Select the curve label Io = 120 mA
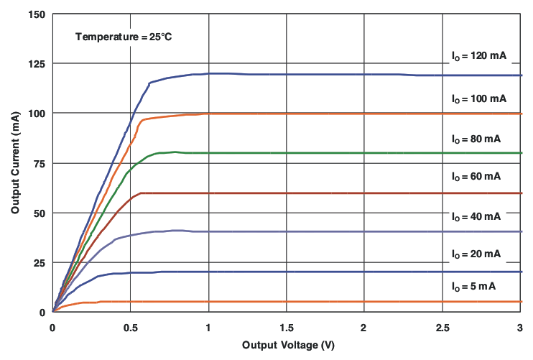pos(479,56)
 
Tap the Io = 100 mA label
pos(479,98)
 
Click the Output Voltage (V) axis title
pos(288,345)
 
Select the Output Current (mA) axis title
pos(15,162)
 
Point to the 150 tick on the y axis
pos(37,14)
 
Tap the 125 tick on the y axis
pos(37,64)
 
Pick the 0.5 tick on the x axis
pos(130,328)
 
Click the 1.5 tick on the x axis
pos(286,328)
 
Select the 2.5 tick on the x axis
pos(441,328)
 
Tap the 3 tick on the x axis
pos(519,328)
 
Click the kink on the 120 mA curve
pos(149,83)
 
